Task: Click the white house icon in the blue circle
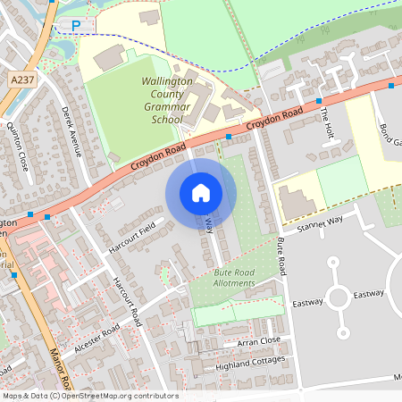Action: click(x=201, y=192)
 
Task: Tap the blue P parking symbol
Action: click(x=76, y=25)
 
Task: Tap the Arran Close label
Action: click(x=259, y=341)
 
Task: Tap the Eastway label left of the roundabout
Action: click(x=307, y=302)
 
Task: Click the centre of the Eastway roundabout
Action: click(x=339, y=297)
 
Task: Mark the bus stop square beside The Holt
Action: click(x=319, y=101)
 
